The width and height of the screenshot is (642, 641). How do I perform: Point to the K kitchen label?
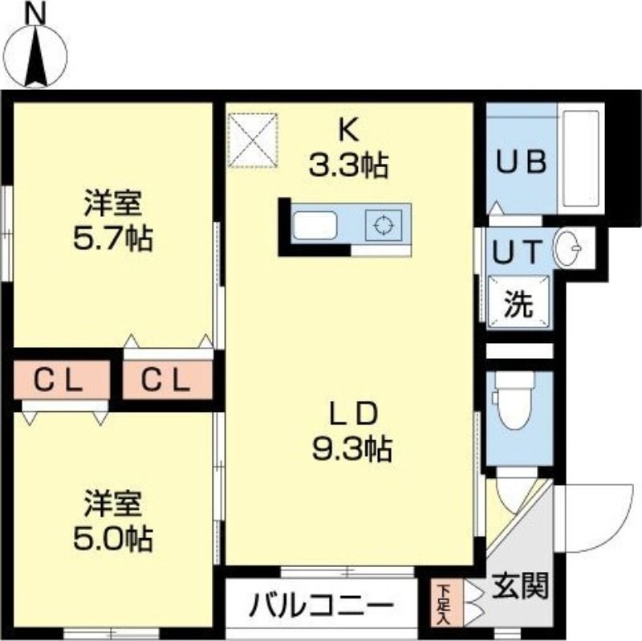click(x=348, y=129)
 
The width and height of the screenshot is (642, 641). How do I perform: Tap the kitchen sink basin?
click(x=316, y=226)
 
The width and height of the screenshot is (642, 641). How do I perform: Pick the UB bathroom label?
click(x=520, y=161)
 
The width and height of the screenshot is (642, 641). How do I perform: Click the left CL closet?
click(x=60, y=381)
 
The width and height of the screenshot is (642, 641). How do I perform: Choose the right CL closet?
click(x=167, y=381)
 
